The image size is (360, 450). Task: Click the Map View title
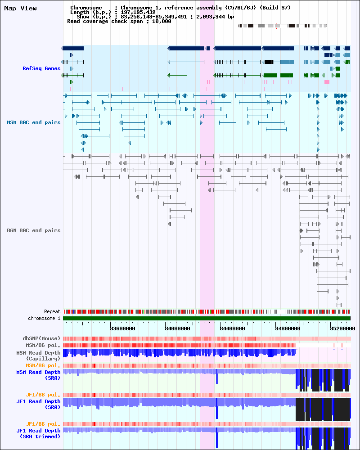pos(20,8)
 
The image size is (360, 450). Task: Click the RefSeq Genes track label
pos(41,68)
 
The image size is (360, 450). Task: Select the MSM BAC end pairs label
pos(33,122)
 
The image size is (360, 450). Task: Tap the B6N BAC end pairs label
pos(33,230)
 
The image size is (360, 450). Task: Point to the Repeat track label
pos(52,311)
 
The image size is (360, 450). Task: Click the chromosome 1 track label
pos(44,318)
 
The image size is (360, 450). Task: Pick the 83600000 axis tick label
pos(122,328)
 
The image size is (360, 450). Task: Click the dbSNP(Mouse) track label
pos(41,338)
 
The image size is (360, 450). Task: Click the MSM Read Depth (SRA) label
pos(38,375)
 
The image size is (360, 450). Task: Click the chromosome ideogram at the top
pos(283,26)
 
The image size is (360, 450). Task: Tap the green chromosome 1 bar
pos(207,318)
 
